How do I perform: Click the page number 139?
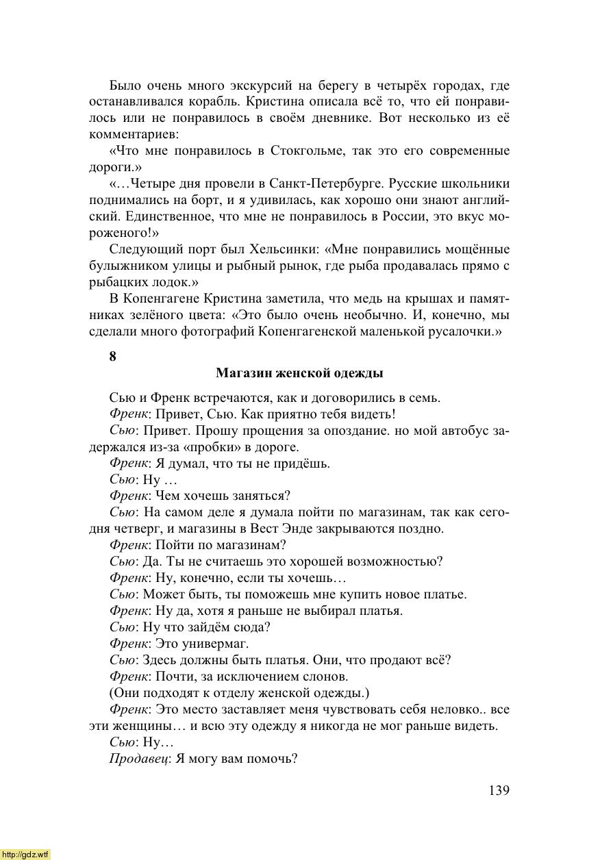(499, 791)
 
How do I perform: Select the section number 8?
(112, 356)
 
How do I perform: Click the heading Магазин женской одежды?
(299, 373)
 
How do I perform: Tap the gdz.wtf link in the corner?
(25, 855)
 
